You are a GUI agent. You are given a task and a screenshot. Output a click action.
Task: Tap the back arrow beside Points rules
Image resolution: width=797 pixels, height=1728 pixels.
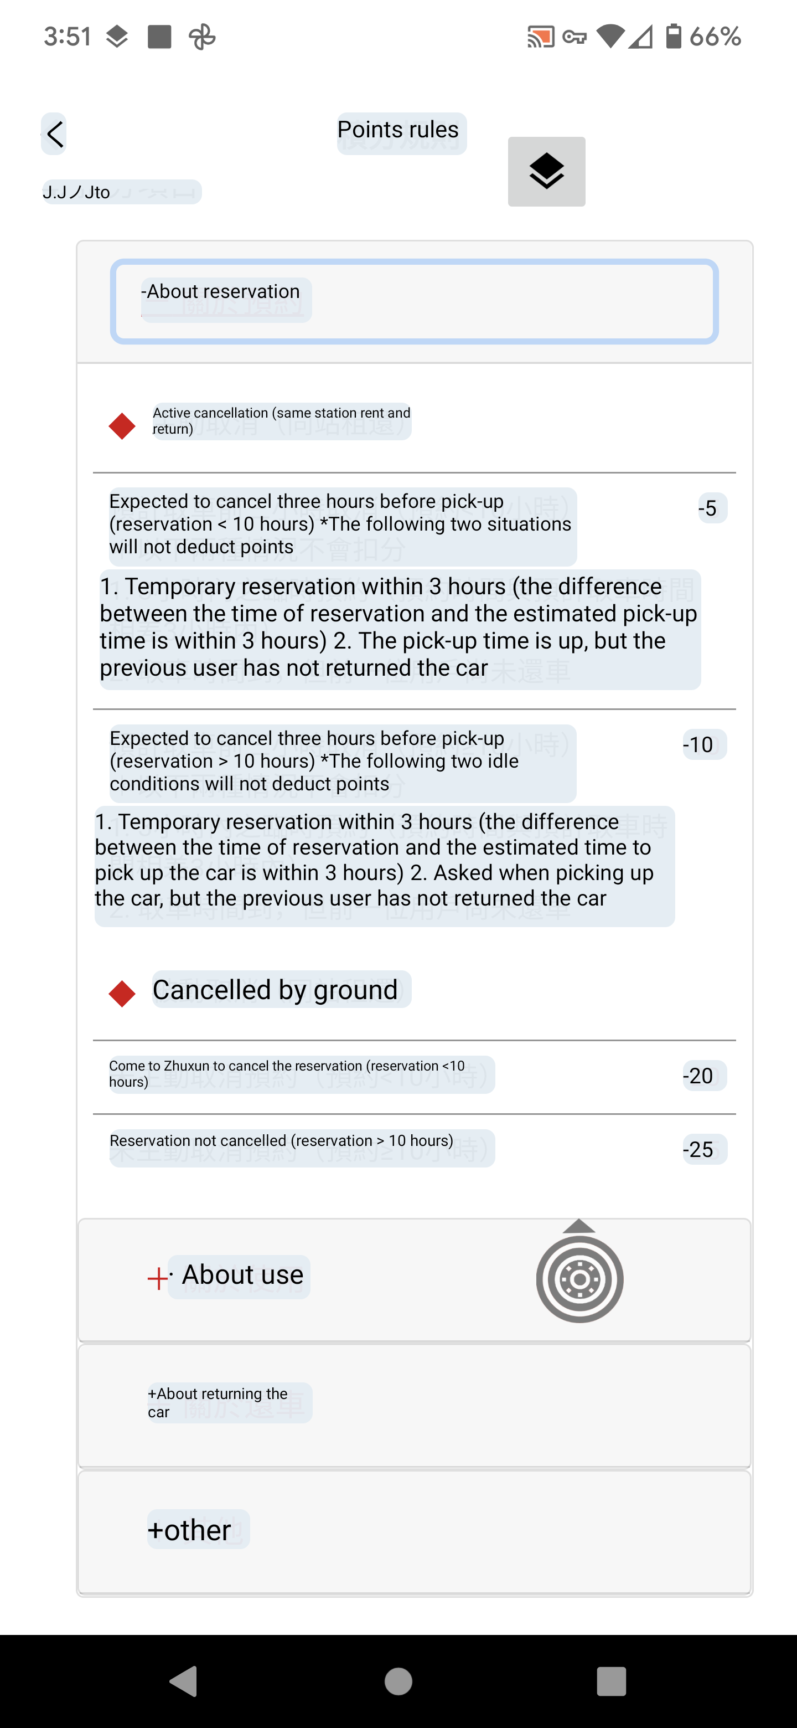tap(54, 134)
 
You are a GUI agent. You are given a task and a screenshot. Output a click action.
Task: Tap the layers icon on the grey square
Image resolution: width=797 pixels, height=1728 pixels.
tap(546, 172)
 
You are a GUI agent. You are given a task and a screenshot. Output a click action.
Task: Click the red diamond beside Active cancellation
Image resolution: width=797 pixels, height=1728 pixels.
tap(122, 426)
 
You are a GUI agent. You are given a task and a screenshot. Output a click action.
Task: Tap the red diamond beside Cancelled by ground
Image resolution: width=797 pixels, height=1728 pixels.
tap(122, 994)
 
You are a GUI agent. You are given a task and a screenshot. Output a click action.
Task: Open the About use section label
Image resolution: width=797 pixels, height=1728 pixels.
tap(241, 1275)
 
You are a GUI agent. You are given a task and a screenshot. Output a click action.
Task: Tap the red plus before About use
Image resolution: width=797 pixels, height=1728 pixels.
tap(158, 1279)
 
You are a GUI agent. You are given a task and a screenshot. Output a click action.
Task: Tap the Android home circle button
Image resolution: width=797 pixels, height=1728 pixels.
tap(398, 1681)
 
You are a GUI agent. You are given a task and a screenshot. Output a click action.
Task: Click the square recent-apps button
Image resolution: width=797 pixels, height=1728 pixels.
tap(610, 1681)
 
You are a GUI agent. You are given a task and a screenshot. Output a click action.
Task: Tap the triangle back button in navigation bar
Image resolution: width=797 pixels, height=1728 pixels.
tap(184, 1681)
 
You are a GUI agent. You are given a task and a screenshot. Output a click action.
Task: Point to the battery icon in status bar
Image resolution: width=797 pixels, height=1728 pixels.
tap(673, 36)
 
